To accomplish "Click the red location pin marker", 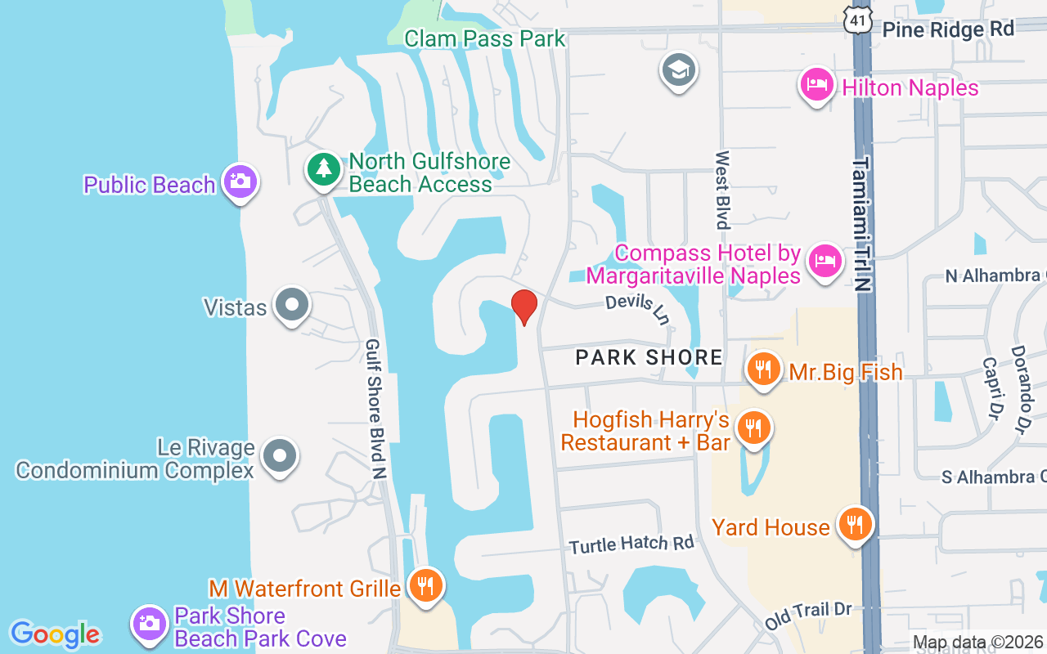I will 523,307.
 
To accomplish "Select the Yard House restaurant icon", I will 856,523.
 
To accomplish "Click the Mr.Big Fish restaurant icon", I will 762,369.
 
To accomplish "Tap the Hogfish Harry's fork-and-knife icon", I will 753,428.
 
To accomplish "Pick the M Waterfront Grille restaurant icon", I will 425,585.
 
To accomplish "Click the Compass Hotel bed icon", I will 825,261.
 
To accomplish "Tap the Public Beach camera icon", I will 240,181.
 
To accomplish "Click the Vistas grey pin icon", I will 291,305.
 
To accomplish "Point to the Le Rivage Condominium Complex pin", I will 280,456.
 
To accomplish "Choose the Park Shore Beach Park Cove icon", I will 150,624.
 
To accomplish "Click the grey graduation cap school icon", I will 678,71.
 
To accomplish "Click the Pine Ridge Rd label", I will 948,29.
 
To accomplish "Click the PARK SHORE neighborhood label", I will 649,357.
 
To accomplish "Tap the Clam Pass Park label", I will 484,38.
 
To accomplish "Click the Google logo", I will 55,634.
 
